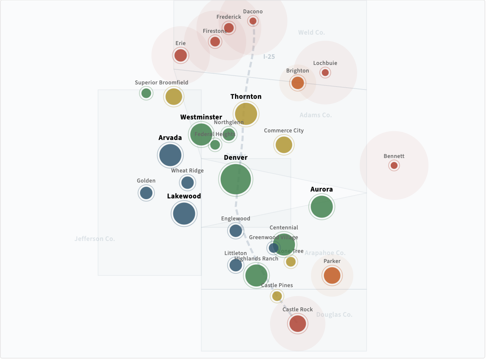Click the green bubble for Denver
click(x=235, y=179)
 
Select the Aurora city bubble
click(x=321, y=207)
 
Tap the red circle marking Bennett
click(x=394, y=166)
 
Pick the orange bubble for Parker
click(x=332, y=276)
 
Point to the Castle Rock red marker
click(x=298, y=324)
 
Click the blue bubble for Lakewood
click(x=184, y=214)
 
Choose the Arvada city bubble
click(x=170, y=155)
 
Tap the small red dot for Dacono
click(x=253, y=21)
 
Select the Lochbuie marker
click(x=325, y=73)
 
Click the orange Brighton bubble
click(x=298, y=83)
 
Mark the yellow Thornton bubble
click(x=246, y=114)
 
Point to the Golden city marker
click(x=146, y=193)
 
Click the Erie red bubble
click(x=181, y=56)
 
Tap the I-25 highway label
click(x=269, y=57)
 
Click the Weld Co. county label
click(x=311, y=32)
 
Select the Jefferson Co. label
click(x=95, y=239)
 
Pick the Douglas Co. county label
click(x=334, y=315)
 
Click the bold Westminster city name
click(x=201, y=117)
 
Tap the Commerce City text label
click(x=283, y=131)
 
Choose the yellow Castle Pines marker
click(x=277, y=296)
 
